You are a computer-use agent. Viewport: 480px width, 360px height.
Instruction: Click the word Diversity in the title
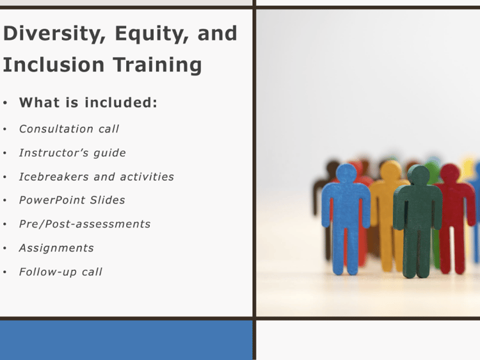click(54, 33)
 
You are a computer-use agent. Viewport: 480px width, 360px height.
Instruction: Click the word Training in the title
click(157, 65)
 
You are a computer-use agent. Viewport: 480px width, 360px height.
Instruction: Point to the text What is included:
click(88, 102)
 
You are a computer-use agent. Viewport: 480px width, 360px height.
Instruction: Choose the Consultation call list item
click(69, 129)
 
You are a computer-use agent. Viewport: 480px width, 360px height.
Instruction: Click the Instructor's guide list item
click(72, 152)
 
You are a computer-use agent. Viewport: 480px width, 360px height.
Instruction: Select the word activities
click(147, 176)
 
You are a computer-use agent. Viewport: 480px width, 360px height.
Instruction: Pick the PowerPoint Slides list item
click(72, 200)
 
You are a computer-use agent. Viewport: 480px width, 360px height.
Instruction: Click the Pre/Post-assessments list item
click(84, 224)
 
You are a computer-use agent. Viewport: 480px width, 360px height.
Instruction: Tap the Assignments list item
click(56, 248)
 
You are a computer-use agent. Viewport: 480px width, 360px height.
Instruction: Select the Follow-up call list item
click(61, 272)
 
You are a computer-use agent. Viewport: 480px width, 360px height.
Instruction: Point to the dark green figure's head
click(419, 176)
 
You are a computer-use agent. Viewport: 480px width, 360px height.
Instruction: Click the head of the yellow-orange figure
click(390, 170)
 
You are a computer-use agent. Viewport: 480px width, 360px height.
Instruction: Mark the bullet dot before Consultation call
click(5, 129)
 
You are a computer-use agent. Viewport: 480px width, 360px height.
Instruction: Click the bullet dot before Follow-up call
click(5, 272)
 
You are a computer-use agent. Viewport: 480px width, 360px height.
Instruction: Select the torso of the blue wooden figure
click(346, 205)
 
